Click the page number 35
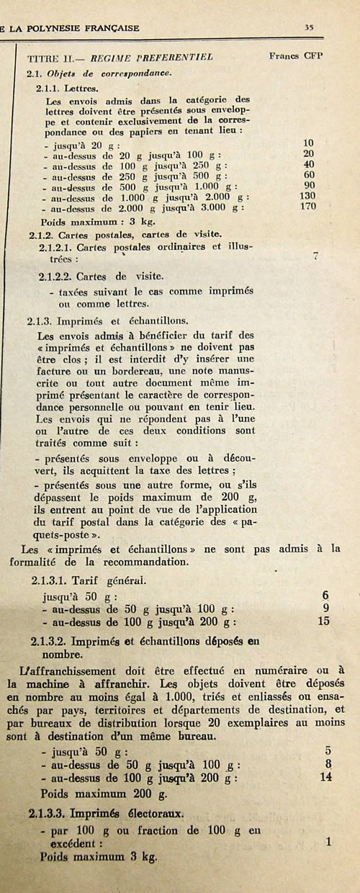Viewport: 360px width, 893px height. (x=309, y=28)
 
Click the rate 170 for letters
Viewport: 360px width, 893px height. (x=308, y=207)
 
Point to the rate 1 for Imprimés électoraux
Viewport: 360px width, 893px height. (x=328, y=841)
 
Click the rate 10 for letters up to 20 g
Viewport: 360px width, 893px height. (x=309, y=143)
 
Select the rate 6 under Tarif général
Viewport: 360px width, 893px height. (x=325, y=595)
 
